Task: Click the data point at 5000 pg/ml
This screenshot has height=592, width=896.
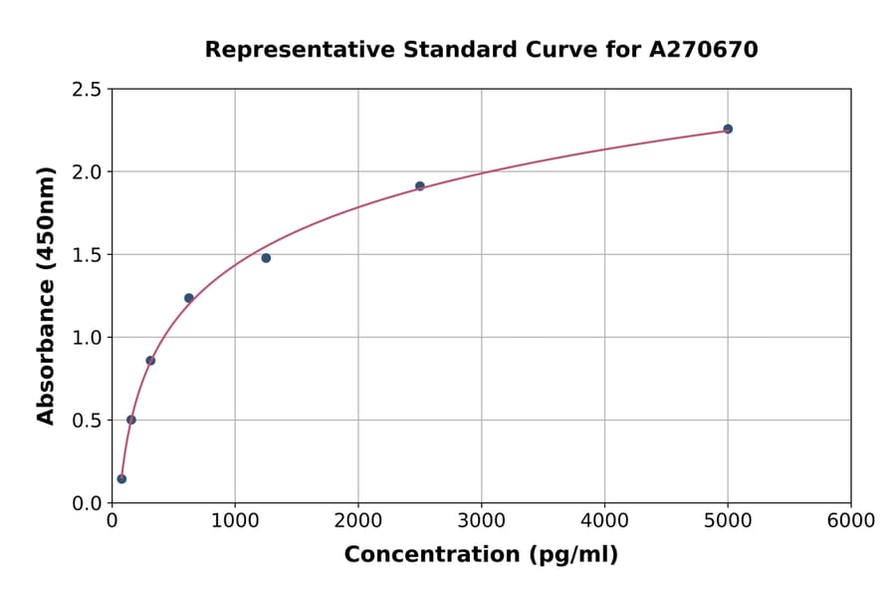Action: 728,129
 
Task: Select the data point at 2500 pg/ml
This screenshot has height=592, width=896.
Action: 420,185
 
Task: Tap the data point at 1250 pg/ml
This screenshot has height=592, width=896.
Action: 266,258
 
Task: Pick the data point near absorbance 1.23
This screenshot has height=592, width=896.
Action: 189,298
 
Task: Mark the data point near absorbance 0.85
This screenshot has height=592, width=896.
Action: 150,361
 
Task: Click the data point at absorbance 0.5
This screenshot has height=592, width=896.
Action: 131,420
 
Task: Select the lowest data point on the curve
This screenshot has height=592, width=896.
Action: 121,478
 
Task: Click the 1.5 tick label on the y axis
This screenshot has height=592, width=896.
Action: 89,255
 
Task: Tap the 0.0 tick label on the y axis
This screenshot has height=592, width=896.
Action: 89,503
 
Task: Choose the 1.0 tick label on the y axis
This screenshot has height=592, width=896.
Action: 89,338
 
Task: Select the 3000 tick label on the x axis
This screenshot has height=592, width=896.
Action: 482,520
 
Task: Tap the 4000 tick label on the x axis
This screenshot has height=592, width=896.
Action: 604,520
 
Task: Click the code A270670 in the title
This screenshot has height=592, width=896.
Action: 704,50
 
